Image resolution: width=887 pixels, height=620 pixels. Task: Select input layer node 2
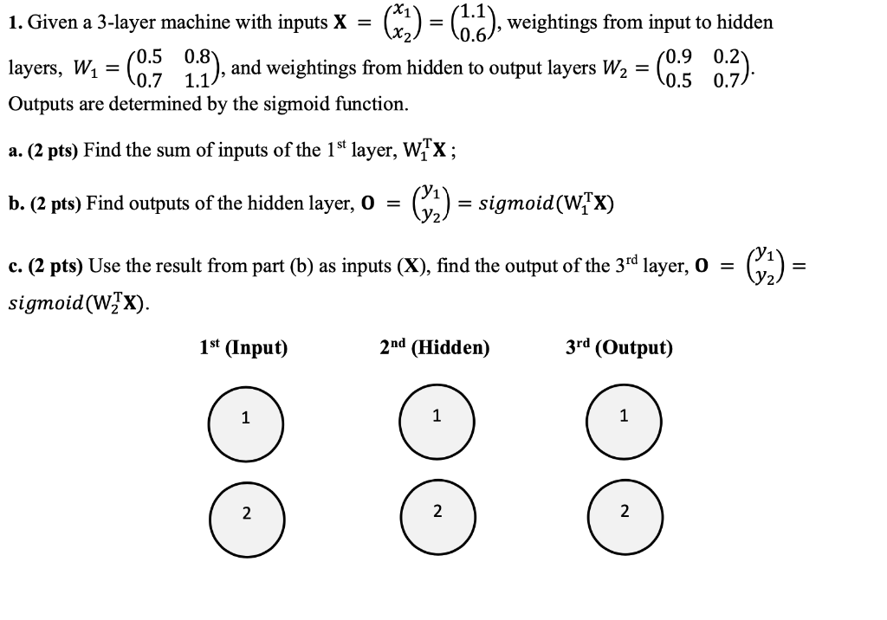point(245,514)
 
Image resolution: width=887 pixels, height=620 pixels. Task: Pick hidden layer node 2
point(436,513)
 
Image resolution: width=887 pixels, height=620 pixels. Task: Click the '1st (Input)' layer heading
point(243,348)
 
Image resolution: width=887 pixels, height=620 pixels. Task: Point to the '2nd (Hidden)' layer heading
point(435,348)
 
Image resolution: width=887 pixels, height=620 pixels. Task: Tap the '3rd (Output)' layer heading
point(618,348)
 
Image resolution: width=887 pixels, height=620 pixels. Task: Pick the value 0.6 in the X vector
point(473,35)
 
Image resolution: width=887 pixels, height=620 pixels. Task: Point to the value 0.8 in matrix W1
point(198,56)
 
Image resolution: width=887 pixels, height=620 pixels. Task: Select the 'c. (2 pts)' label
point(43,264)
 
